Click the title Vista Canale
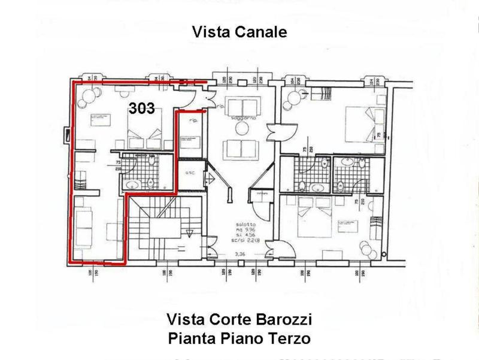[x=239, y=32]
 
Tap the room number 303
[x=142, y=108]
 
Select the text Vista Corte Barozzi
[x=239, y=317]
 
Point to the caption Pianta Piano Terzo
[x=239, y=338]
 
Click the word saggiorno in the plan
[x=245, y=118]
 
